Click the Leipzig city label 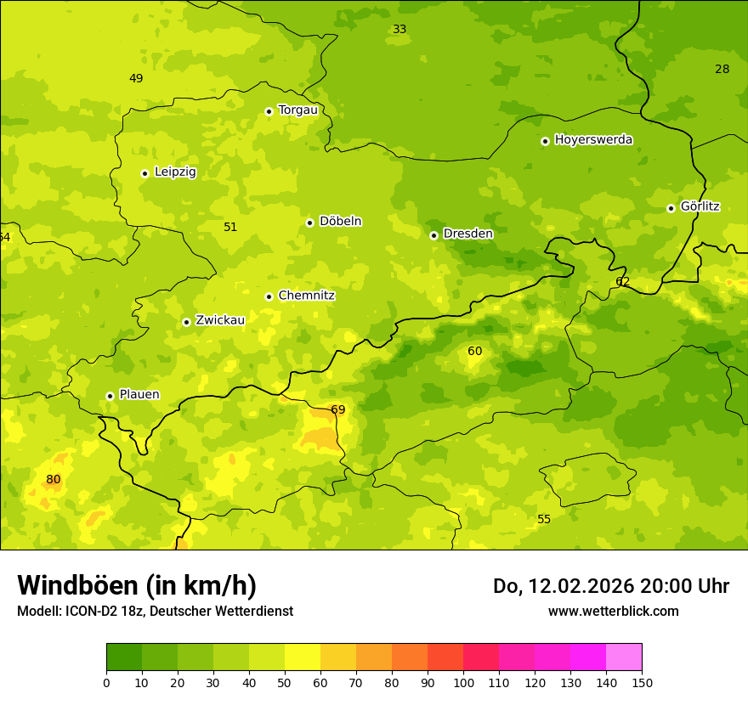(175, 172)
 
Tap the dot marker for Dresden (433, 235)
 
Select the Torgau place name (297, 110)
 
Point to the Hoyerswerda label (593, 140)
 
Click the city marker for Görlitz (671, 208)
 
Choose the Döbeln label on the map (340, 222)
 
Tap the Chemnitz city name (306, 296)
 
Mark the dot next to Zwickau (186, 322)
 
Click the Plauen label (139, 395)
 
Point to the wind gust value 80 (54, 480)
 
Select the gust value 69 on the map (338, 410)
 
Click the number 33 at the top (399, 30)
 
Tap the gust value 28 (722, 70)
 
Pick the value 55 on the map (544, 520)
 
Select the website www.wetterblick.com (613, 612)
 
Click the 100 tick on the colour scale (463, 682)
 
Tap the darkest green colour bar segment (124, 657)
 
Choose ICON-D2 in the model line (93, 612)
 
